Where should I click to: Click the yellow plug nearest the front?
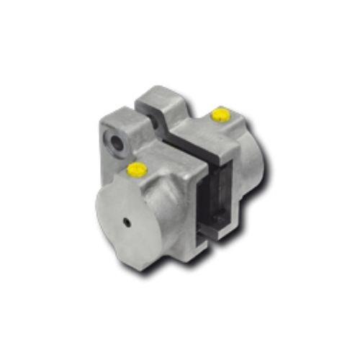click(136, 169)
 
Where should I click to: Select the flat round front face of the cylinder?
click(130, 223)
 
